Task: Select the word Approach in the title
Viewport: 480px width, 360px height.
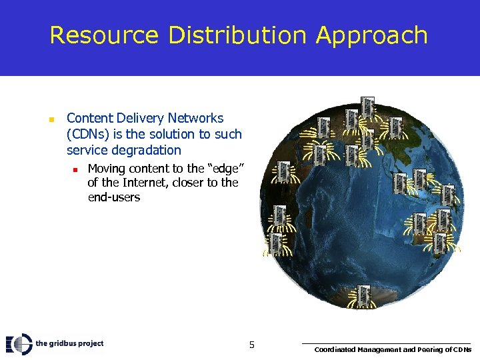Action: point(372,36)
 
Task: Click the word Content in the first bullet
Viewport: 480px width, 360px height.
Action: point(90,119)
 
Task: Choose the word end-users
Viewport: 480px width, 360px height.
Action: point(114,198)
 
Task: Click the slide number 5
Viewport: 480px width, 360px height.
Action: point(251,345)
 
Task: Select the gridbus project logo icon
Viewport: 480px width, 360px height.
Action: point(19,343)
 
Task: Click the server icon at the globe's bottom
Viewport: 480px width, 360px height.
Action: point(363,295)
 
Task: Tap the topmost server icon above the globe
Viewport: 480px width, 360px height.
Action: point(367,105)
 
